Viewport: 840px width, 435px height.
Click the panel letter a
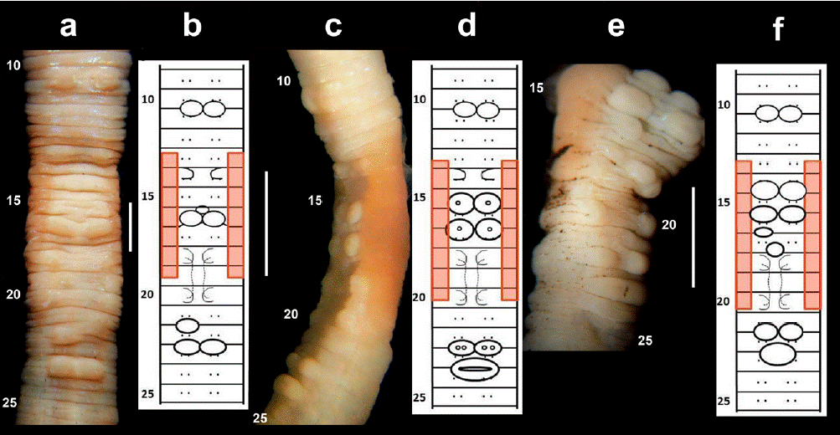point(69,27)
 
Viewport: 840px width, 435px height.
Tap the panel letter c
point(334,28)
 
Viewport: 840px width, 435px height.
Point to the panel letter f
point(779,32)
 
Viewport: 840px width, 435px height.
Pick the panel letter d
point(466,27)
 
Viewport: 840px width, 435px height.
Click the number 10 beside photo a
point(14,64)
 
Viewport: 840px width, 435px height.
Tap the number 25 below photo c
point(260,417)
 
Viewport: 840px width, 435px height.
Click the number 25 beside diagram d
point(423,397)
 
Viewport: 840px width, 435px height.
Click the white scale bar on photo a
point(131,225)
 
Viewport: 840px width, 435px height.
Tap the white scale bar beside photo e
point(693,237)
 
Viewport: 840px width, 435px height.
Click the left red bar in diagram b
point(169,215)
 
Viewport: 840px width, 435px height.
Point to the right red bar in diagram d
point(509,230)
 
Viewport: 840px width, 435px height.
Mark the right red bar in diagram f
point(812,235)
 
